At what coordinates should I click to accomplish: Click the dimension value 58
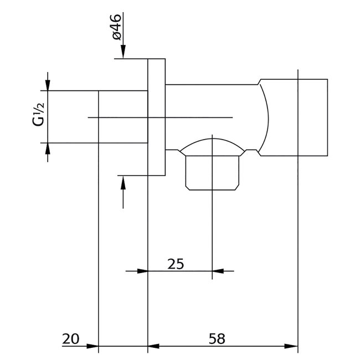pos(217,338)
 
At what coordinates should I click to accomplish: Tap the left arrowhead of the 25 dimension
pos(141,271)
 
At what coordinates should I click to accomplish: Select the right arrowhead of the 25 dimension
pos(219,271)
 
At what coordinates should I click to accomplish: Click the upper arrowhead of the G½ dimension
pos(48,84)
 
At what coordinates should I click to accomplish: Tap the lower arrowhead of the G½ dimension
pos(48,149)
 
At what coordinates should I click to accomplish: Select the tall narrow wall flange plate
pos(157,117)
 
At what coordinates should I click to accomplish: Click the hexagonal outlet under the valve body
pos(212,173)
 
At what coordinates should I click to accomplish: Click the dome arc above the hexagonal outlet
pos(212,140)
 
